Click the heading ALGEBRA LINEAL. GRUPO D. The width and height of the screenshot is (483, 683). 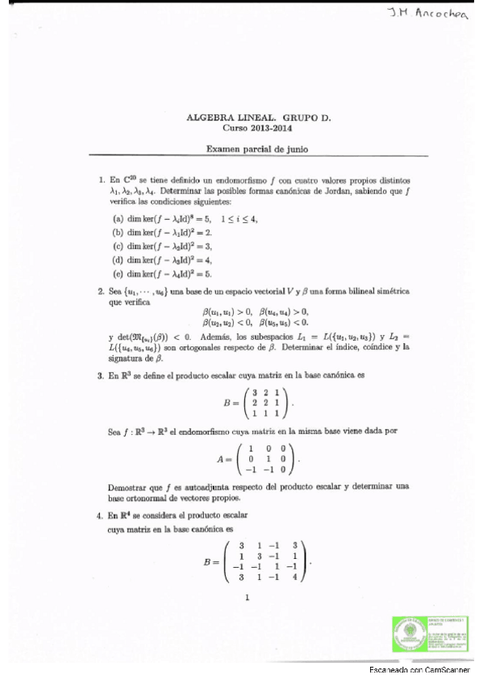tap(258, 117)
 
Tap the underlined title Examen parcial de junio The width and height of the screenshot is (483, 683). tap(258, 149)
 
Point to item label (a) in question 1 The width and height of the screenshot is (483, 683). tap(118, 218)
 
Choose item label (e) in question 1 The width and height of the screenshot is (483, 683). tap(118, 273)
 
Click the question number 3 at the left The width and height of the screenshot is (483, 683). tap(100, 375)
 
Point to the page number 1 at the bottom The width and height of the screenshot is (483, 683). tap(247, 598)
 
